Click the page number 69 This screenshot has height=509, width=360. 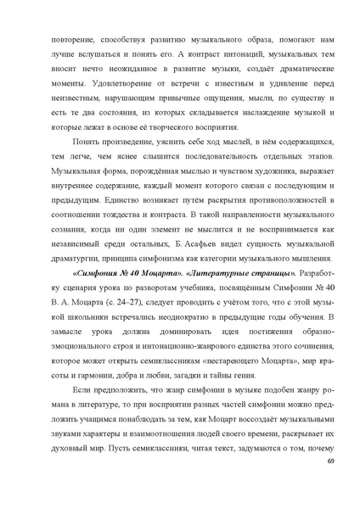click(330, 484)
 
